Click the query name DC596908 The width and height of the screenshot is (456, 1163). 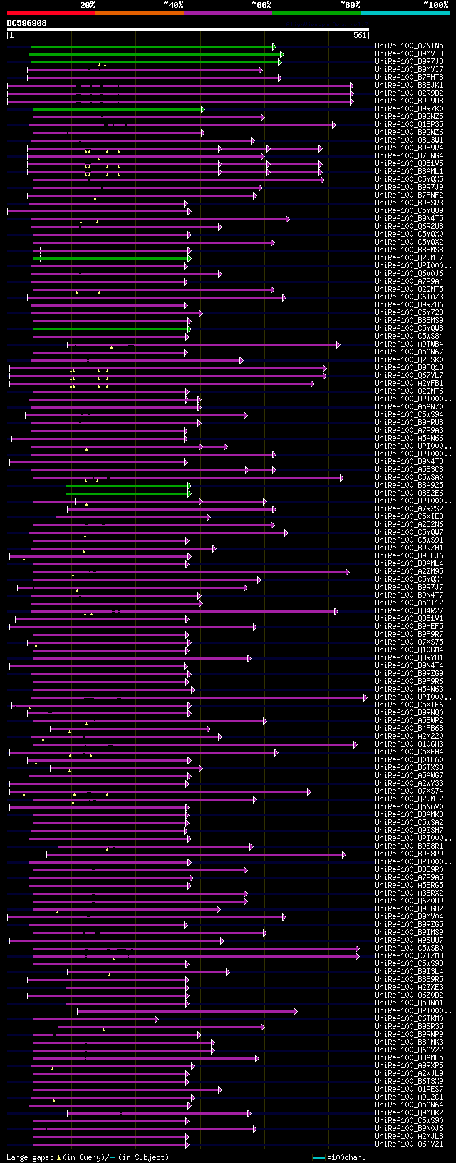(27, 23)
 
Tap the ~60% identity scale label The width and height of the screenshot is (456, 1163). (261, 5)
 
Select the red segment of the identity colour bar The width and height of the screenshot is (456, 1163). (51, 13)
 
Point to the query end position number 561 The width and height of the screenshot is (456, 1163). (359, 35)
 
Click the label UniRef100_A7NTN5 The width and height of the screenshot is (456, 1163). (409, 46)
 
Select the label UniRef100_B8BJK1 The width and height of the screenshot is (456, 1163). (409, 86)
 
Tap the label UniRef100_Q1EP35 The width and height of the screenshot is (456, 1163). (409, 125)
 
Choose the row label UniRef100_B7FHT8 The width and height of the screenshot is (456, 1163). (409, 78)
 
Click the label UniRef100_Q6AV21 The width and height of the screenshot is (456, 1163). (409, 1144)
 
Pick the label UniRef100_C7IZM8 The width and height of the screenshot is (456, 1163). (409, 955)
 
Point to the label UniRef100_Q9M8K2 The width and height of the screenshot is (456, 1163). (409, 1112)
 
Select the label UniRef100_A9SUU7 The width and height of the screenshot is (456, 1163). (409, 940)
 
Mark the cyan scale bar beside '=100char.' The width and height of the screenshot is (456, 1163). (318, 1157)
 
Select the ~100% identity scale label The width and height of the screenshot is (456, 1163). (435, 5)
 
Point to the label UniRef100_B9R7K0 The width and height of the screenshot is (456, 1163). (409, 109)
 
